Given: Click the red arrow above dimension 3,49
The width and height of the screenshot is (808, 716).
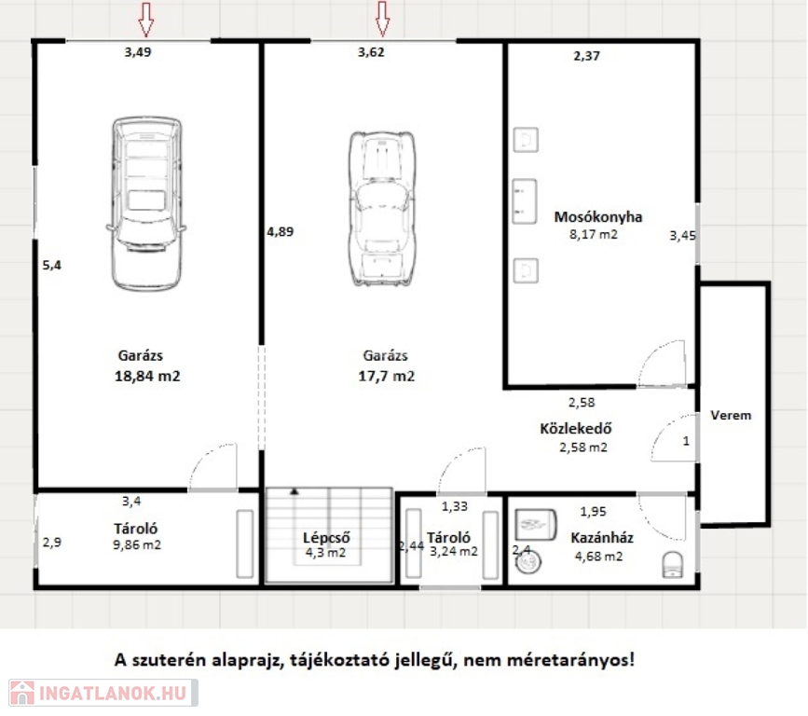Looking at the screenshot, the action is (146, 20).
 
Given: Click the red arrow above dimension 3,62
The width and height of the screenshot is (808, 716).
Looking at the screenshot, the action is (382, 20).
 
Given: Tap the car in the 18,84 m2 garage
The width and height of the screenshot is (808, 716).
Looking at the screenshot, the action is (147, 204).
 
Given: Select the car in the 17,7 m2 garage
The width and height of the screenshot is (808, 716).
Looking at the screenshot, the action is (382, 209).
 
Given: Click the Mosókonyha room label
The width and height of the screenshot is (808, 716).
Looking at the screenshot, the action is (597, 217).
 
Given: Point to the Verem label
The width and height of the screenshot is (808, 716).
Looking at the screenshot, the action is (731, 415).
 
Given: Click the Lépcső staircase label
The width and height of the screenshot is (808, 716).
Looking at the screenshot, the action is (326, 537).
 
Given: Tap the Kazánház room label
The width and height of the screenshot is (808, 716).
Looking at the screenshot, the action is (602, 538).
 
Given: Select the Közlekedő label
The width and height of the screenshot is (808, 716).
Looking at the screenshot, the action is (576, 428).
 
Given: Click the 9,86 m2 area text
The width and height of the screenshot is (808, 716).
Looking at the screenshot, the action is (137, 544).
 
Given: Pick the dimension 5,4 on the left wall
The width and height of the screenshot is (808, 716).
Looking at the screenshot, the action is (51, 265).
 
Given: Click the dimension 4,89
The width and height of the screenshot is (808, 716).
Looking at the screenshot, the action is (281, 232).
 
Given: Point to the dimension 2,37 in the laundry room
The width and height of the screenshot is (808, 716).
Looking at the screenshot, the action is (586, 56).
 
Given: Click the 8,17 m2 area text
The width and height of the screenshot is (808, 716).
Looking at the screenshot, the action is (593, 235).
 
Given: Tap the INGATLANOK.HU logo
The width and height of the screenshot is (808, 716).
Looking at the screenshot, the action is (103, 693).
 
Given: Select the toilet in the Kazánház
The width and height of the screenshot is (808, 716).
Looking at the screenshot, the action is (673, 564).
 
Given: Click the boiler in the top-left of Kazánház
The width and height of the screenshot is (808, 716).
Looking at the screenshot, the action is (536, 525).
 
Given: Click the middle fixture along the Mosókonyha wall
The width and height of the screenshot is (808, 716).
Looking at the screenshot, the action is (525, 201).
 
